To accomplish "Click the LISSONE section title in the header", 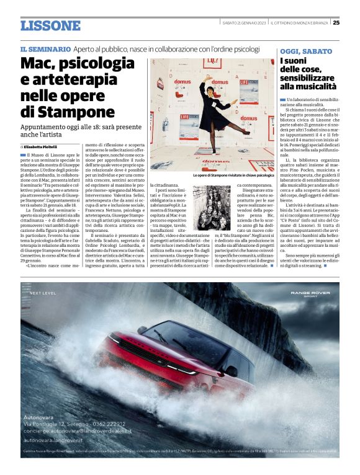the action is (50, 25).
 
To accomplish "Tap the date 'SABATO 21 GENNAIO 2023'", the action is (244, 24).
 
